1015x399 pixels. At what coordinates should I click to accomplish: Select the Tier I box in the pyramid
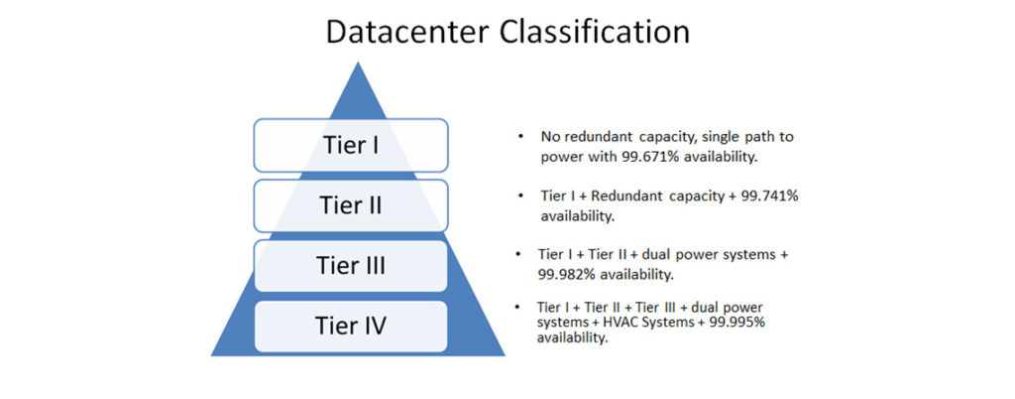pos(351,145)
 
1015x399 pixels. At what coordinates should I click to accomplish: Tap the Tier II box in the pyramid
pos(351,205)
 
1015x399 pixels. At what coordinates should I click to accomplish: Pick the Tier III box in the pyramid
pos(351,266)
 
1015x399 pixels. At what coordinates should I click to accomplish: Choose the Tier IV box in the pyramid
pos(351,325)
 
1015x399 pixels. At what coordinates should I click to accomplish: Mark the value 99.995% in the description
pos(747,323)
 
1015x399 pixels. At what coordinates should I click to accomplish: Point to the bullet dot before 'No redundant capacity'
pos(521,136)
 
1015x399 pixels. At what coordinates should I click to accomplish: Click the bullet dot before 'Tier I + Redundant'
pos(521,197)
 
